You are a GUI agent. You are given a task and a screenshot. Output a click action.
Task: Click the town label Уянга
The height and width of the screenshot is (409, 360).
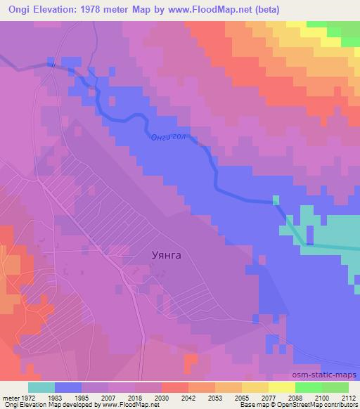pyautogui.click(x=167, y=255)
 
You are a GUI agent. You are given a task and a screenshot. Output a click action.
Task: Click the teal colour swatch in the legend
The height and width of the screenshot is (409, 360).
pyautogui.click(x=41, y=387)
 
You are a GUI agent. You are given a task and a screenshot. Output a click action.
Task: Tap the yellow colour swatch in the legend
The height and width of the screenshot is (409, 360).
pyautogui.click(x=281, y=387)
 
